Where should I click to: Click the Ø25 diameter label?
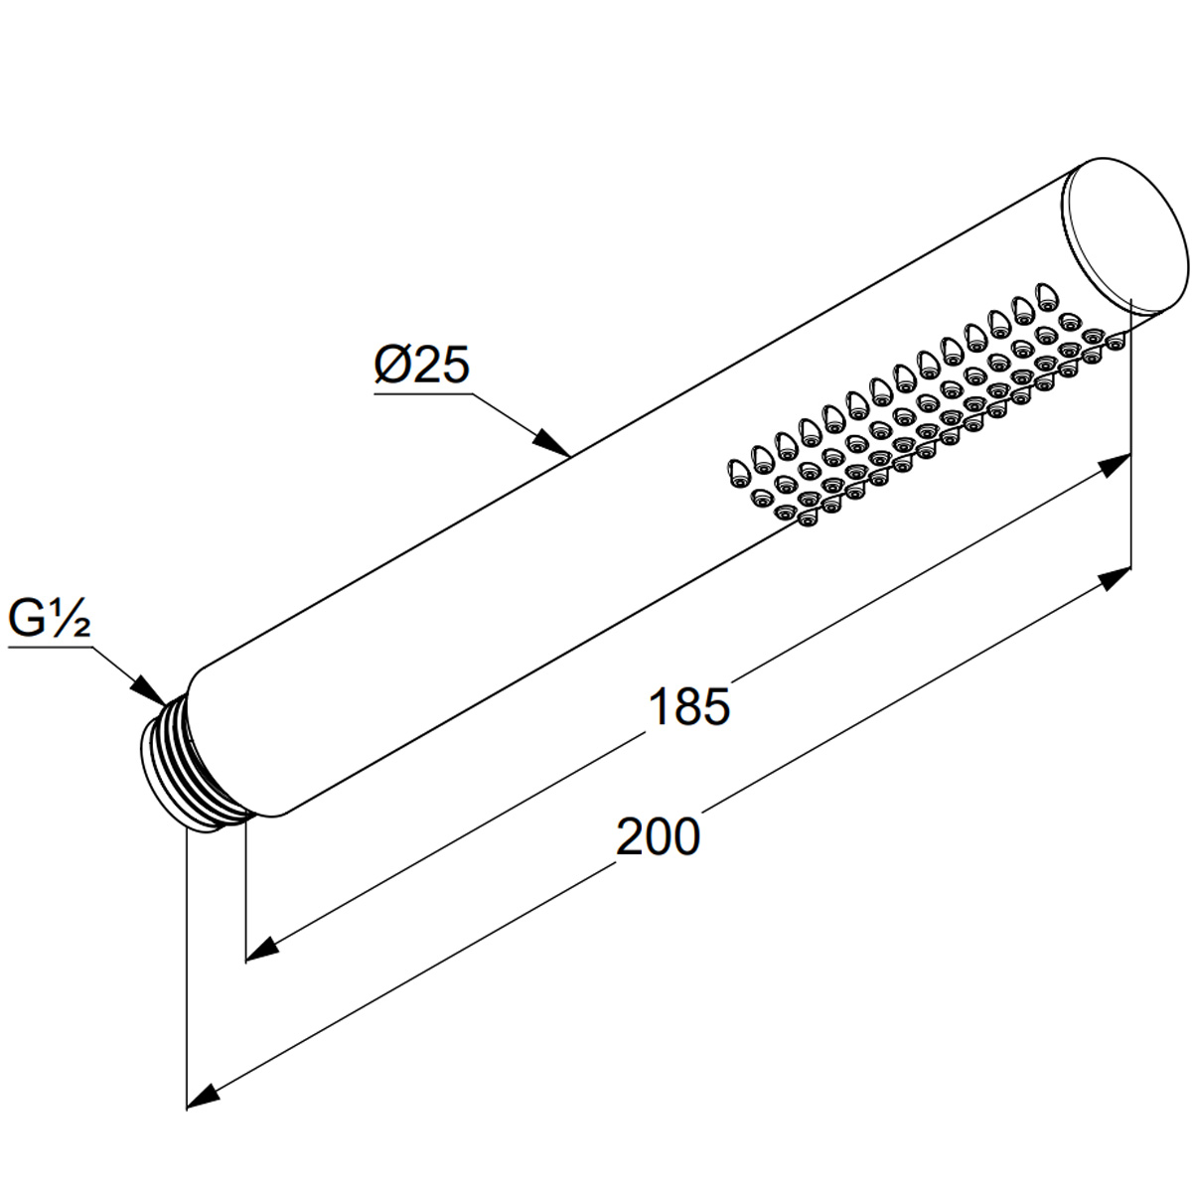point(422,365)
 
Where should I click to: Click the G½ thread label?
point(50,618)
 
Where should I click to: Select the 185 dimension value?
point(689,706)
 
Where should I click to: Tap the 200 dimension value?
point(659,836)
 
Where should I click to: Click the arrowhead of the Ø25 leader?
point(552,442)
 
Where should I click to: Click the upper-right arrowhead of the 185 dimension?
point(1113,465)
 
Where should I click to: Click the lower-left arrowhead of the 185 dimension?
point(263,949)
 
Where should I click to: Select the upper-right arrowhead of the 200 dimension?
point(1113,579)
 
